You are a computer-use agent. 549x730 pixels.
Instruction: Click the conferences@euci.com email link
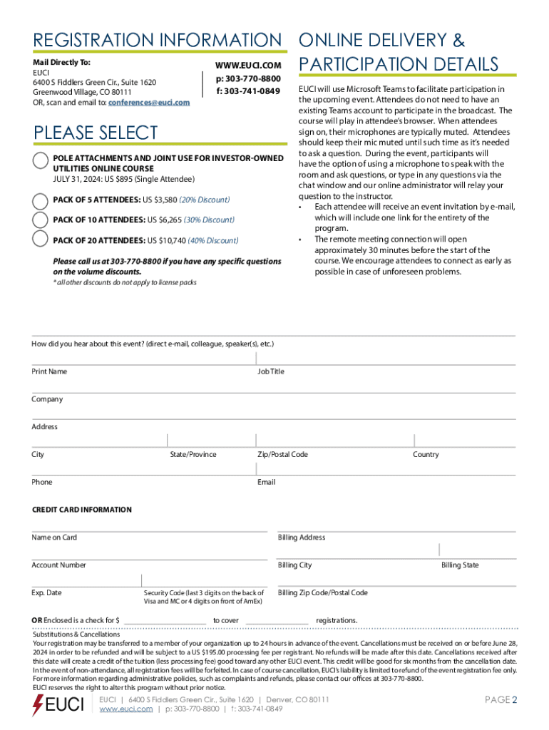point(149,103)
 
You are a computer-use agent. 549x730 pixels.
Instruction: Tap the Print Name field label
point(49,372)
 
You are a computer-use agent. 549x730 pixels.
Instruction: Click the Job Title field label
point(271,372)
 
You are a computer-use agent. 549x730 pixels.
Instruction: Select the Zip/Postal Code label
point(282,455)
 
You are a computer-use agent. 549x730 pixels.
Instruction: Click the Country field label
point(426,455)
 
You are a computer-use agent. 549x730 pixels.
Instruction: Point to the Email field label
point(266,483)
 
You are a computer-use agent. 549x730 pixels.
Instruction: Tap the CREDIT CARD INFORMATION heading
point(81,510)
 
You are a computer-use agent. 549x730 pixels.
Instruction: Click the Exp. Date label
point(46,593)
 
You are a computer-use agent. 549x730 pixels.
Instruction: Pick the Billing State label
point(460,565)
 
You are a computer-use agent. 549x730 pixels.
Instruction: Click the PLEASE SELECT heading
point(96,133)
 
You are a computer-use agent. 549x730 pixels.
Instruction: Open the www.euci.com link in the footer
point(127,709)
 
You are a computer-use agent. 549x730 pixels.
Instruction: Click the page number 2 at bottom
point(513,700)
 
